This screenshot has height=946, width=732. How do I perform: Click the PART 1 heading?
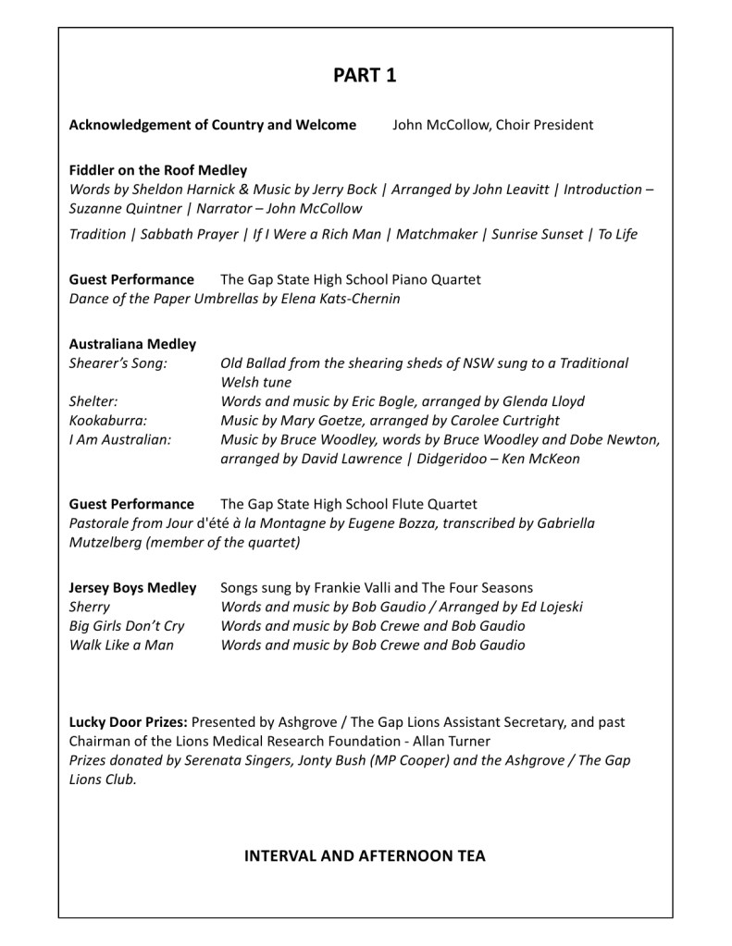[x=366, y=77]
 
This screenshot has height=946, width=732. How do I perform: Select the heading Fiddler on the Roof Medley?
[x=158, y=170]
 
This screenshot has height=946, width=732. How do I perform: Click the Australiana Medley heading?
[x=132, y=344]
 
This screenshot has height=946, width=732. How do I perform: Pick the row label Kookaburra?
[x=108, y=420]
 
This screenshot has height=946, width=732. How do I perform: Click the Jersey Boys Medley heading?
[x=132, y=587]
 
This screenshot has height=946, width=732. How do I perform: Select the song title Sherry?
[x=90, y=607]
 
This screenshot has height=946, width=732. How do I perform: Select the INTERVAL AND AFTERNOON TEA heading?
[x=365, y=856]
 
